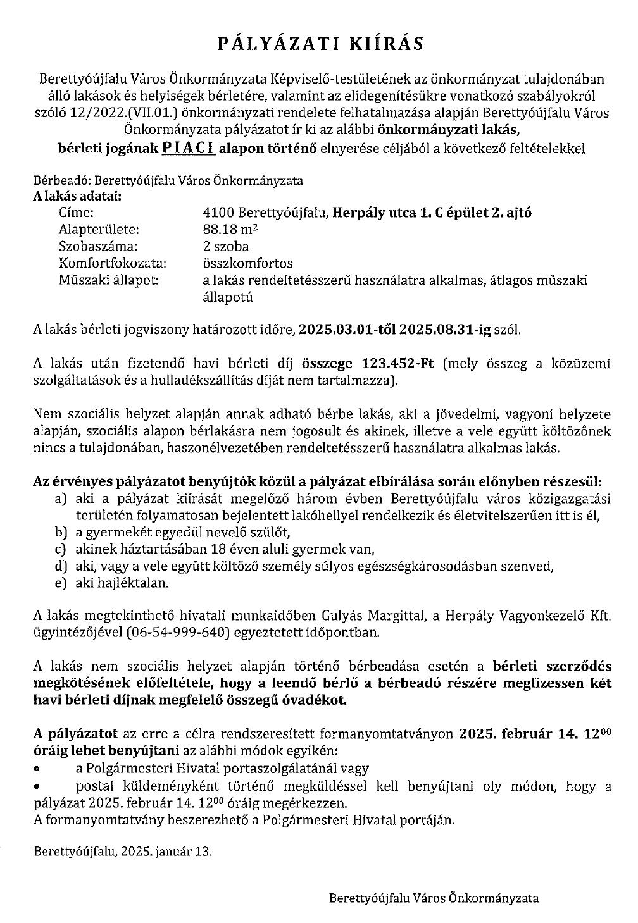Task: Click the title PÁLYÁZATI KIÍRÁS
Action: (320, 43)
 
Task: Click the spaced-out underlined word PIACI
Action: (188, 149)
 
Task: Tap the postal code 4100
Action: (208, 213)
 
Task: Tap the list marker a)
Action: (61, 499)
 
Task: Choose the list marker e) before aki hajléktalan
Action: (61, 583)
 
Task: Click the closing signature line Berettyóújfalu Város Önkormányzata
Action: (434, 898)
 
